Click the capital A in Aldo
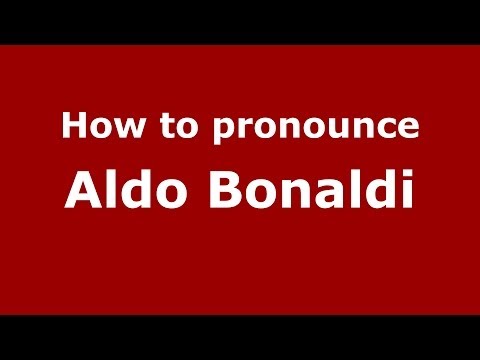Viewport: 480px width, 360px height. point(82,190)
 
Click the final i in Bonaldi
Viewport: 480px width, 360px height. point(405,190)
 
